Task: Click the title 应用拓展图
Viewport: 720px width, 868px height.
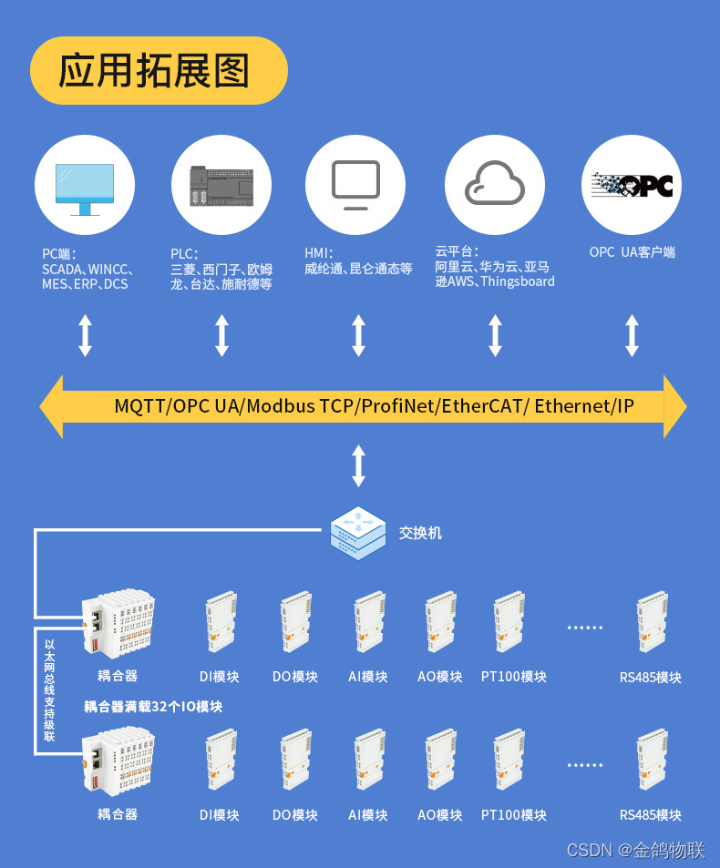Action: (x=155, y=70)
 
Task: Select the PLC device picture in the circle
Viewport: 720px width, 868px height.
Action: (x=221, y=186)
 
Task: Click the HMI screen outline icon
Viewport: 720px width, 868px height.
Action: (x=355, y=184)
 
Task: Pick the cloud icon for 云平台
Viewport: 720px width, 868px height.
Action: (x=495, y=184)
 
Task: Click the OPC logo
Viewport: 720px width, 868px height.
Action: (x=632, y=185)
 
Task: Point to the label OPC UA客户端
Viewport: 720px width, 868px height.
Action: (x=632, y=252)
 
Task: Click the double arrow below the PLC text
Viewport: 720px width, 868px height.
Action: (x=221, y=335)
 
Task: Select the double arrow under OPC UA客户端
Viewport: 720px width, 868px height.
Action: (x=632, y=335)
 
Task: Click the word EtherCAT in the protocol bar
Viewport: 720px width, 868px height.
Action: (x=481, y=406)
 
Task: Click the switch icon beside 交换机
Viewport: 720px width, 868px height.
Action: (x=358, y=533)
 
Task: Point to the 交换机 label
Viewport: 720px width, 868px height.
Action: (x=420, y=533)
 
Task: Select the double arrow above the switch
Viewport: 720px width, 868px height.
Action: (x=358, y=465)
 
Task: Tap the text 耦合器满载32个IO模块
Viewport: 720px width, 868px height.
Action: (x=153, y=706)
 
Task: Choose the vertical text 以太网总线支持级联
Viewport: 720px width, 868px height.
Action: (x=49, y=689)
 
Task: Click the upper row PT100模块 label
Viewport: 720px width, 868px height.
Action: (x=514, y=677)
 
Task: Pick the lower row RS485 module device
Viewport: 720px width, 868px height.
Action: (x=653, y=760)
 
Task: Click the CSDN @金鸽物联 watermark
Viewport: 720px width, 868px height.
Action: (x=636, y=850)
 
